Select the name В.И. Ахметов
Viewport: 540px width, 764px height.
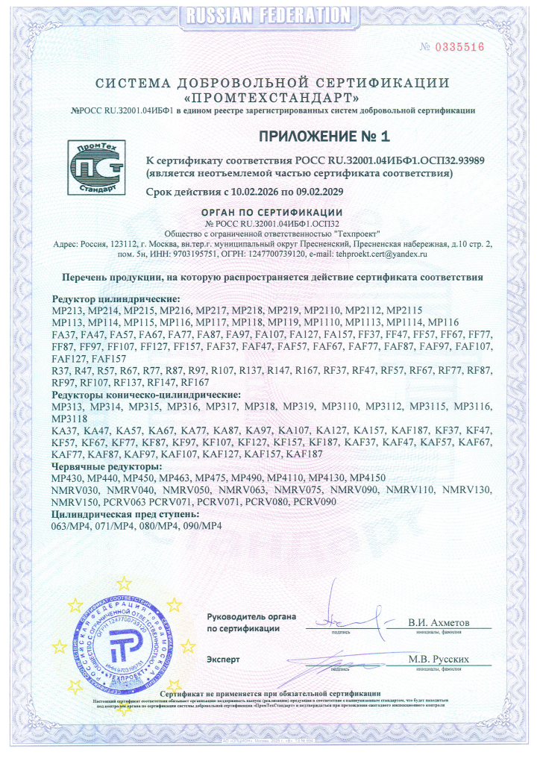439,622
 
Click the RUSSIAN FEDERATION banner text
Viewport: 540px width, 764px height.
269,13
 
